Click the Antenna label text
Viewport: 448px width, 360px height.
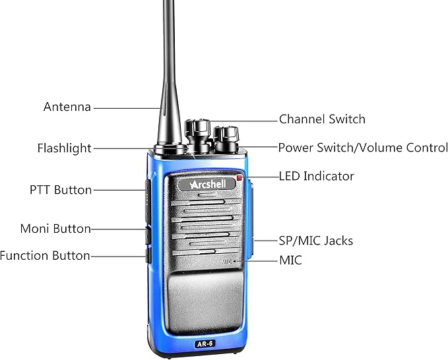67,107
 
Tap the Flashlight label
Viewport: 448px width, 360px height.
64,148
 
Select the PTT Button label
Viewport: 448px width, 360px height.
61,190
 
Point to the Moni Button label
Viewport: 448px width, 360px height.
55,229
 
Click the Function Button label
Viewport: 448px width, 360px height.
45,256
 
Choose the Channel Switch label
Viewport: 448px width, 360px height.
322,119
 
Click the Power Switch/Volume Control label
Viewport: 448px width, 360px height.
363,148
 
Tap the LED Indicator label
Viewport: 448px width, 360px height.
316,176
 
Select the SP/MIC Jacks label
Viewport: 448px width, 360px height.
316,241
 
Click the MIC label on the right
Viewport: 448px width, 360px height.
290,260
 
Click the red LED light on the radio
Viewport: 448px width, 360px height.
239,178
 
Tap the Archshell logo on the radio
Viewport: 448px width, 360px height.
207,184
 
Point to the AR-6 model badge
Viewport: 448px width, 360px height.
205,344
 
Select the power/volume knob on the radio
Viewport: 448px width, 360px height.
226,139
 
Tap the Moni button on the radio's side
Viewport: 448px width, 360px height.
148,235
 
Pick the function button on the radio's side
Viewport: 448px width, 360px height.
148,256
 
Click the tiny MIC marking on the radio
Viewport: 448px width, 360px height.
228,261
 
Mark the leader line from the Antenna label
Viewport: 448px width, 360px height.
128,108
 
